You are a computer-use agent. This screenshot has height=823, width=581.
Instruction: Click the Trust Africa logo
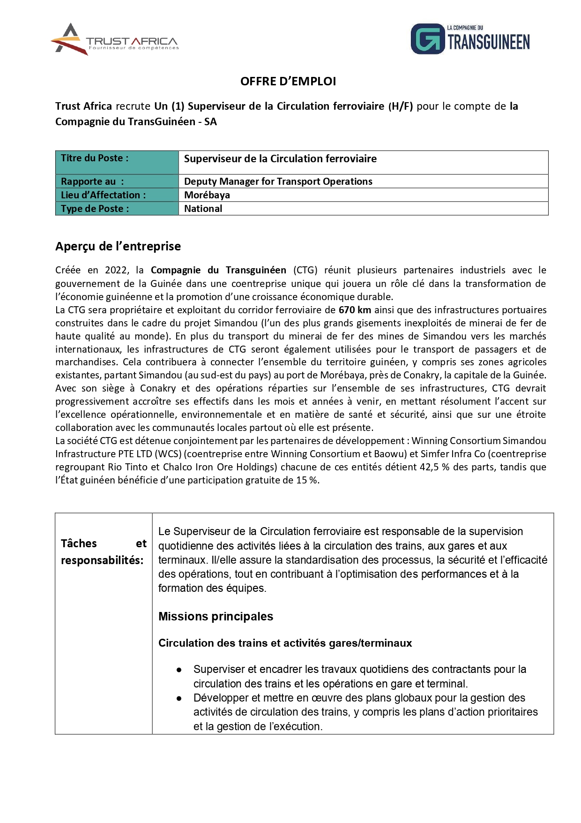(x=115, y=39)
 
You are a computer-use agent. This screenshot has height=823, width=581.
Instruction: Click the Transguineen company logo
(x=470, y=39)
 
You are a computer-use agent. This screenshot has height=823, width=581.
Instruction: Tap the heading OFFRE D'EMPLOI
(x=288, y=81)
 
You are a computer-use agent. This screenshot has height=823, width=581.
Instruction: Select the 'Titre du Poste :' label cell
(x=117, y=162)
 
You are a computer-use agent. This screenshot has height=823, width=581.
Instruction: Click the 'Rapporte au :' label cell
(x=117, y=181)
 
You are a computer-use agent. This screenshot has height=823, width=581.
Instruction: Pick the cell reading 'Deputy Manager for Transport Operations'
(x=278, y=181)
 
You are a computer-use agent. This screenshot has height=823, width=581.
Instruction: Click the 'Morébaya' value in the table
(x=207, y=195)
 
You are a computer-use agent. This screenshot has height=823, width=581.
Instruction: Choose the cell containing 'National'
(x=203, y=209)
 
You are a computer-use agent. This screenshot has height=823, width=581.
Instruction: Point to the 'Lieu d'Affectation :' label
(x=103, y=195)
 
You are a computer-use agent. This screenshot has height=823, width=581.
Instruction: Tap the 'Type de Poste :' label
(x=95, y=209)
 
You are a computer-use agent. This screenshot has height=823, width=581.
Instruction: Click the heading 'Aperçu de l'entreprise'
(x=118, y=246)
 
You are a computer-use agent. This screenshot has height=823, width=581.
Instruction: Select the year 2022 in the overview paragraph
(x=117, y=270)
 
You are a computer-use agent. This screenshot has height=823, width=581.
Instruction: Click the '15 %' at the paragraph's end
(x=307, y=480)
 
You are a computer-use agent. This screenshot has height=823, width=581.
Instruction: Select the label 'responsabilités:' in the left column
(x=102, y=560)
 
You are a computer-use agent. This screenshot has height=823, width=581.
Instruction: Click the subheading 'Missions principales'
(x=216, y=617)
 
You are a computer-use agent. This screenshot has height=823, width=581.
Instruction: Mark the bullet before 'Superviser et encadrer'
(x=179, y=670)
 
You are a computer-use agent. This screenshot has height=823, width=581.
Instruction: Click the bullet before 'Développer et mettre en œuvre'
(x=179, y=699)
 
